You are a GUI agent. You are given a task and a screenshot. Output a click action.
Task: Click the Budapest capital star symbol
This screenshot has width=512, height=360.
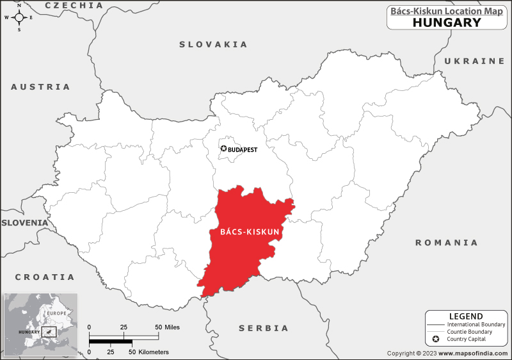(223, 149)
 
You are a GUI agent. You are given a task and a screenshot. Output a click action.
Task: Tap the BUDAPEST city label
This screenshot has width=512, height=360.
(243, 149)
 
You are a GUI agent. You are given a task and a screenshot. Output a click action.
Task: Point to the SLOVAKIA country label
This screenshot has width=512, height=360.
(213, 44)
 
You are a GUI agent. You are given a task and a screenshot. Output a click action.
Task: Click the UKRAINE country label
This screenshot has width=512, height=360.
(474, 61)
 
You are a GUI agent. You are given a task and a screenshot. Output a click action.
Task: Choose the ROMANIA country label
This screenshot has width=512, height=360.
(446, 243)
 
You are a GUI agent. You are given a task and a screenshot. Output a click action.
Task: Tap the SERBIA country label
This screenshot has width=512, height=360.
(264, 328)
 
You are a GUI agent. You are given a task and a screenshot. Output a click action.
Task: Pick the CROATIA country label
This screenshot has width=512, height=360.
(45, 277)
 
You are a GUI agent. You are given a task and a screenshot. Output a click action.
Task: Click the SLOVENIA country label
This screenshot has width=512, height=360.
(24, 223)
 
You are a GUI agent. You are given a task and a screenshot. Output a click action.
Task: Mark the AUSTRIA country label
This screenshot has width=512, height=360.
(40, 86)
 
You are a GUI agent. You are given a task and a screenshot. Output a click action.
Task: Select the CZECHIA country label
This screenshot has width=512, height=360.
(74, 5)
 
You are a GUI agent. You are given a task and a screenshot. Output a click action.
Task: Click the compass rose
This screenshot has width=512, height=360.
(19, 17)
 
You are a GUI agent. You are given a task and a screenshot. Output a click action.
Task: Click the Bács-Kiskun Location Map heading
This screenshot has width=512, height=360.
(447, 10)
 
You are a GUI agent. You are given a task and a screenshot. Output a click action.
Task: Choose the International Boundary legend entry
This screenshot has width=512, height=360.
(476, 325)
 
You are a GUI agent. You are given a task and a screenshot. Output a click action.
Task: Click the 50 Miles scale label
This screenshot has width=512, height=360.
(168, 327)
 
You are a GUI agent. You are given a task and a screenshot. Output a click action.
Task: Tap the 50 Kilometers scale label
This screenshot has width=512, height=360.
(151, 352)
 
